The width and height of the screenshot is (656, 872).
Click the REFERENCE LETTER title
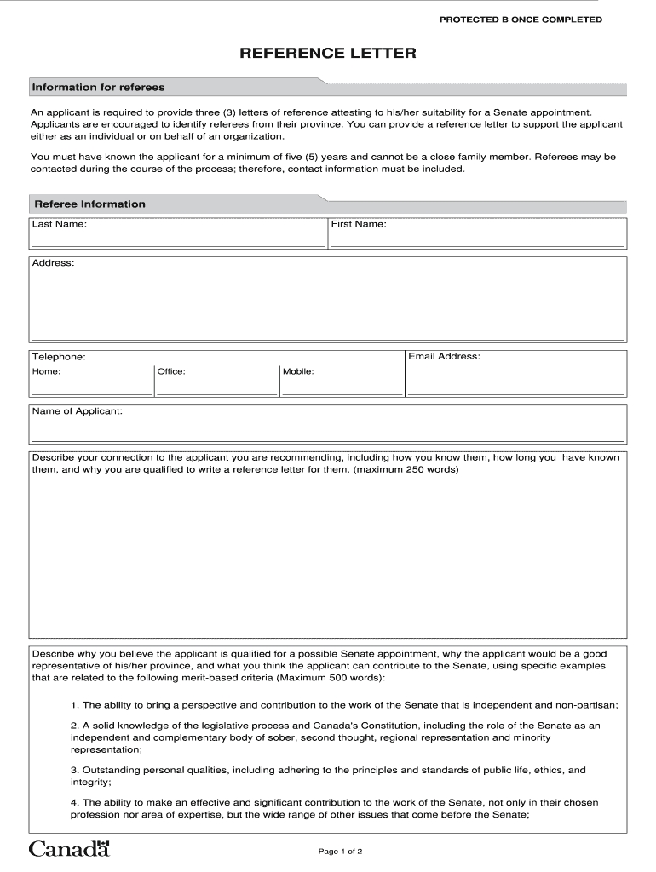tap(327, 54)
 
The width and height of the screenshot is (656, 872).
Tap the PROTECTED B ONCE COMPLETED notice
tap(521, 20)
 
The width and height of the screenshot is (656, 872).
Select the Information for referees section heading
tap(98, 88)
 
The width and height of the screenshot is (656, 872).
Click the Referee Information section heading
tap(89, 204)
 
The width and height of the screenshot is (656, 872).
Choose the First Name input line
tap(477, 243)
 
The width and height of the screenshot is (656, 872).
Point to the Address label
tap(53, 263)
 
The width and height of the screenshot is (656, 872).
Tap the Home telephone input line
tap(91, 392)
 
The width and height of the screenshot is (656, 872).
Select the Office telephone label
tap(171, 372)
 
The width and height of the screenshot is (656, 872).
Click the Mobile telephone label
tap(298, 372)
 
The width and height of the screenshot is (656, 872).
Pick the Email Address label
tap(444, 356)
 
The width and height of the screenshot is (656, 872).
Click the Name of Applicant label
tap(77, 411)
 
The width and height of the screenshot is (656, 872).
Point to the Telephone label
tap(58, 357)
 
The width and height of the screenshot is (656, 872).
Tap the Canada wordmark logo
tap(70, 848)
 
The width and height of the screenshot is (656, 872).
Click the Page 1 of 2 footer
tap(341, 852)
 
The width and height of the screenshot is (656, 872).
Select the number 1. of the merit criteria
tap(75, 705)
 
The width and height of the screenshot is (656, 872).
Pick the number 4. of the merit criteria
tap(75, 802)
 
